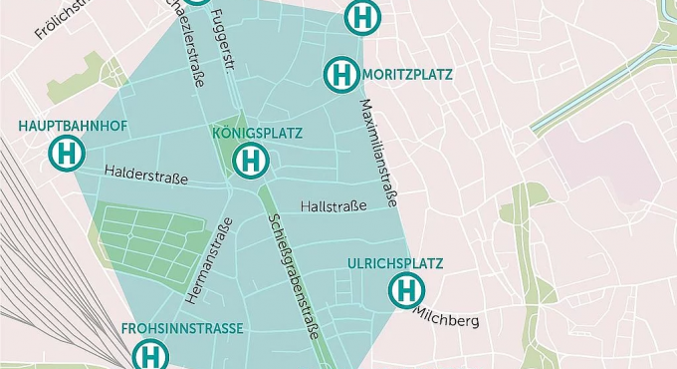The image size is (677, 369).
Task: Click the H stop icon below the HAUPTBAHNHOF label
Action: (67, 154)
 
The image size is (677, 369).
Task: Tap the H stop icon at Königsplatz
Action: (251, 159)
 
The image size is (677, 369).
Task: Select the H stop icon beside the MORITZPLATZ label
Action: (341, 75)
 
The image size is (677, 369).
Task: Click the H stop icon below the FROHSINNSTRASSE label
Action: (150, 355)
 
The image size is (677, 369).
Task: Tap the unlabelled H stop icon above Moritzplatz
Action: (363, 17)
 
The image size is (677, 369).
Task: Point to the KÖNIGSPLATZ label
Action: (257, 133)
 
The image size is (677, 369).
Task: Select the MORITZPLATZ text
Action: (407, 75)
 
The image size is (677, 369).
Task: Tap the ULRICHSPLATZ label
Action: (395, 263)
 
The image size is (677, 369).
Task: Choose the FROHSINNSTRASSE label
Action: (182, 328)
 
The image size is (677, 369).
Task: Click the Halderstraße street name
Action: (146, 178)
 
